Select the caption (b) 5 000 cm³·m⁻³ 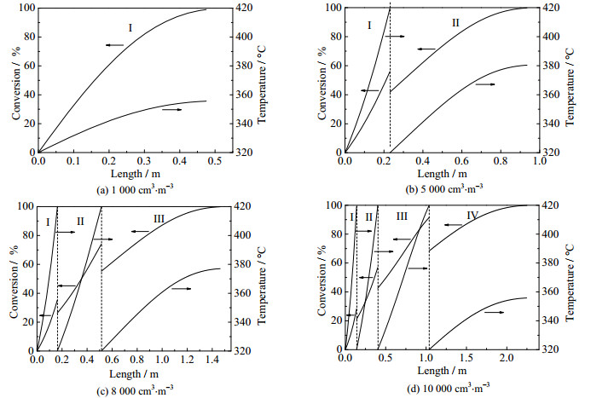[442, 187]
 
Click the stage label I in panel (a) [130, 28]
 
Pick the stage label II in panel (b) [455, 24]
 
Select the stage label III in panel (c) [159, 219]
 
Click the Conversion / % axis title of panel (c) [9, 277]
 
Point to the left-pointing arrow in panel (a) [115, 44]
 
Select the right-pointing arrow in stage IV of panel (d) [495, 313]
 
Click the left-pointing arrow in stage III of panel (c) [139, 231]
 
